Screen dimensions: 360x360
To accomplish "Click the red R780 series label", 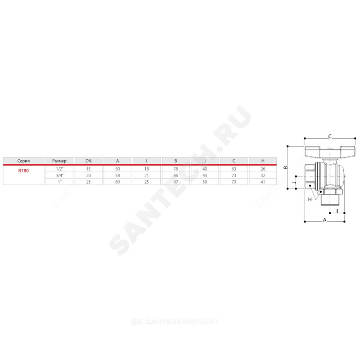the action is pos(23,171).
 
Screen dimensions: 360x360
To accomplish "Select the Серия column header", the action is pos(23,161).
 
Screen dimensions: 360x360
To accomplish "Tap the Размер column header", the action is pos(59,161).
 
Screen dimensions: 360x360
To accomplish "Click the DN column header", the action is pos(88,161).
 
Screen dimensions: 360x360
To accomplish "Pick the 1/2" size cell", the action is pos(59,169).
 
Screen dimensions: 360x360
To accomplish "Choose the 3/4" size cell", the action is pos(59,175).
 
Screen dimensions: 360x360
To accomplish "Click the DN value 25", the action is pos(88,182).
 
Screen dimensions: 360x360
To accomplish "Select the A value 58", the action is pos(117,175).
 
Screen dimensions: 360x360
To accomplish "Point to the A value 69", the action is pos(117,182).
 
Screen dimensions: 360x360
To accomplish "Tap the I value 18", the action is pos(147,169).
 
